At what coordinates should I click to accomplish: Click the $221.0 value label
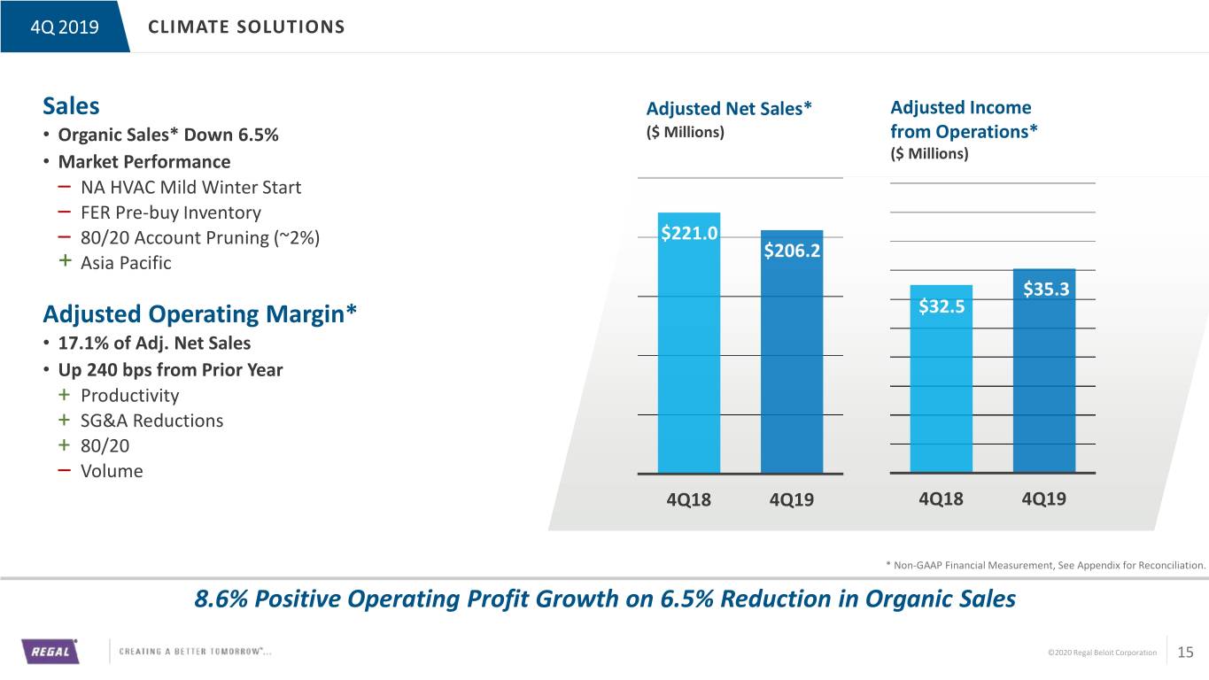(689, 233)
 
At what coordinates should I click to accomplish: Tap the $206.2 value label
(792, 251)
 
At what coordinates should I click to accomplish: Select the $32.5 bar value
(942, 306)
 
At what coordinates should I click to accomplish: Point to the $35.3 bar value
(1046, 290)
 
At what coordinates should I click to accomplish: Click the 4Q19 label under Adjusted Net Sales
(792, 499)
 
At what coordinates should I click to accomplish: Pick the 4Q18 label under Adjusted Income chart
(941, 498)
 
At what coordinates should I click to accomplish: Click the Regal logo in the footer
(50, 651)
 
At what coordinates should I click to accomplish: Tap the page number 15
(1185, 653)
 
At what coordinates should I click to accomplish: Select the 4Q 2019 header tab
(65, 27)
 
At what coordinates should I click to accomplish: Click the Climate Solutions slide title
(246, 27)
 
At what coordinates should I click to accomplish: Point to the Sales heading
(71, 105)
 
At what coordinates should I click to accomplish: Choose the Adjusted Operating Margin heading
(199, 314)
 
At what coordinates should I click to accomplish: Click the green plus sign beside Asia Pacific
(65, 261)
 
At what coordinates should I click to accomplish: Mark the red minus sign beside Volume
(65, 470)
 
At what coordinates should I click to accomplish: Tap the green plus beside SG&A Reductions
(65, 420)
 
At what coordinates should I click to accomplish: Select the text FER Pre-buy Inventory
(171, 212)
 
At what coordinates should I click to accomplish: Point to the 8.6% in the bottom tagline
(221, 599)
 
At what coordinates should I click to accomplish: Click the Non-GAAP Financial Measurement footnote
(1045, 565)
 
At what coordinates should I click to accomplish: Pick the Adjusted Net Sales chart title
(729, 109)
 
